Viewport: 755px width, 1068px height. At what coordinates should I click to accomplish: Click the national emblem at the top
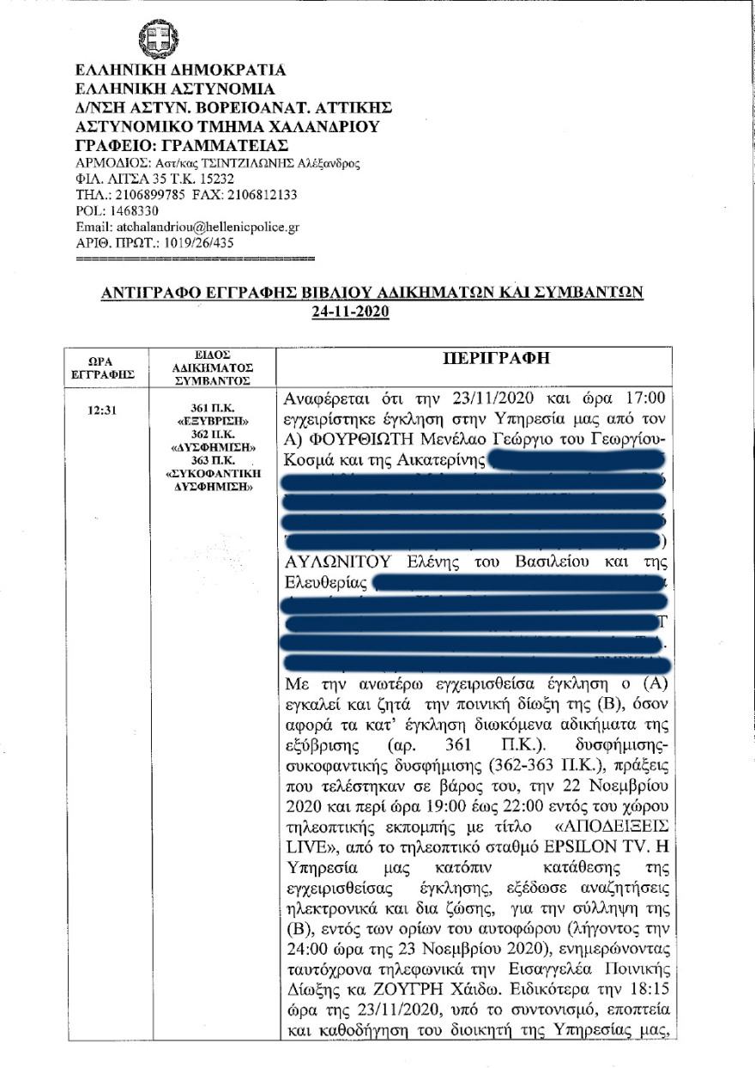click(160, 39)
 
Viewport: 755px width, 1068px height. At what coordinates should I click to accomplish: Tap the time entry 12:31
click(102, 410)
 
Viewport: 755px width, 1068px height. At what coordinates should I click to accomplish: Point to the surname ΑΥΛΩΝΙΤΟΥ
click(337, 561)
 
